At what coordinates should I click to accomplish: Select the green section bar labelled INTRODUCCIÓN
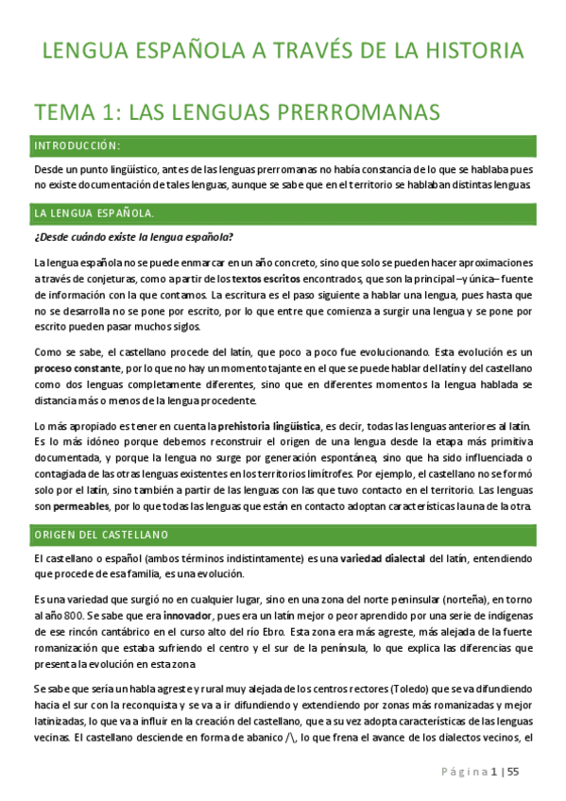click(x=283, y=145)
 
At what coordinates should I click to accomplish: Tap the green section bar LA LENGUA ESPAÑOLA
click(x=283, y=213)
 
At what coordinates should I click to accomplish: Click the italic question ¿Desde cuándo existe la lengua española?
click(x=133, y=236)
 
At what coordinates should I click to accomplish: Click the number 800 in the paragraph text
click(x=69, y=616)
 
